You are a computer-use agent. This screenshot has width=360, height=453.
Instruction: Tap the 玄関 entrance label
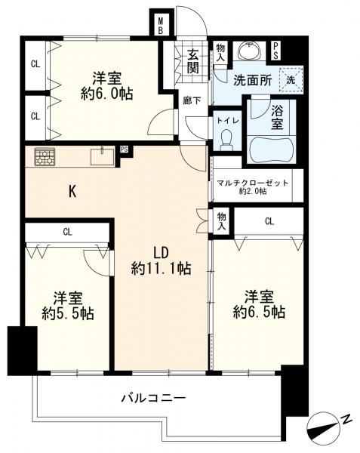click(193, 60)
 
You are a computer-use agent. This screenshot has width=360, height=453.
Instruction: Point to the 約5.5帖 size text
click(67, 313)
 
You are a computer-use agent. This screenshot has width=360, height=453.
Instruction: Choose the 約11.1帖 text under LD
click(159, 268)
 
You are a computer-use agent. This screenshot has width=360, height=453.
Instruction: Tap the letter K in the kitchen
click(72, 192)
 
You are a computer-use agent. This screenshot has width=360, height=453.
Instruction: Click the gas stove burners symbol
click(45, 157)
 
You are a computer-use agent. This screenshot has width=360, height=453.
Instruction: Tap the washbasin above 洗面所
click(248, 51)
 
